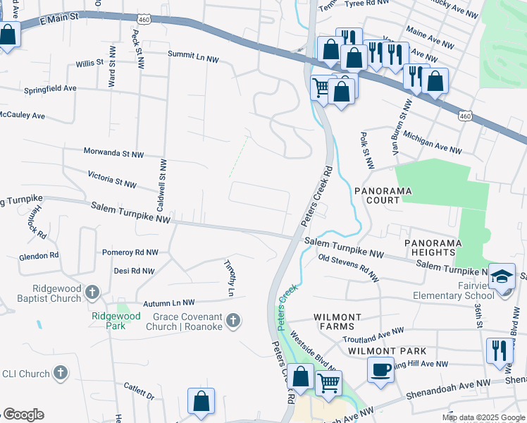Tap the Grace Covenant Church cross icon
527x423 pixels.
235,321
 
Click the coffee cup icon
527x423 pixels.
380,369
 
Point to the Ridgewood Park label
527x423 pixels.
116,316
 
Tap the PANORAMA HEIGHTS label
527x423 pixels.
433,247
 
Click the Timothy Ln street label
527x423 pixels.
228,276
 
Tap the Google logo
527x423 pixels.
23,415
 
